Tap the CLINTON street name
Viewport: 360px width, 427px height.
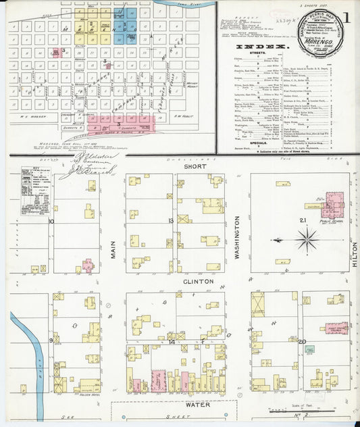tap(199, 281)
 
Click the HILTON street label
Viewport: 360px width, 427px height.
tap(354, 255)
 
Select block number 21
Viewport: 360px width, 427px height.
tap(304, 221)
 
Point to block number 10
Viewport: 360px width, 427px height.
tap(51, 221)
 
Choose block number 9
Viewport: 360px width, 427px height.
tap(51, 341)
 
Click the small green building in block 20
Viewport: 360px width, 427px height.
tap(309, 350)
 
